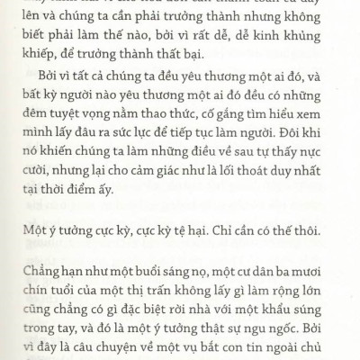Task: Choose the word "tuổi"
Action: tap(71, 288)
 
